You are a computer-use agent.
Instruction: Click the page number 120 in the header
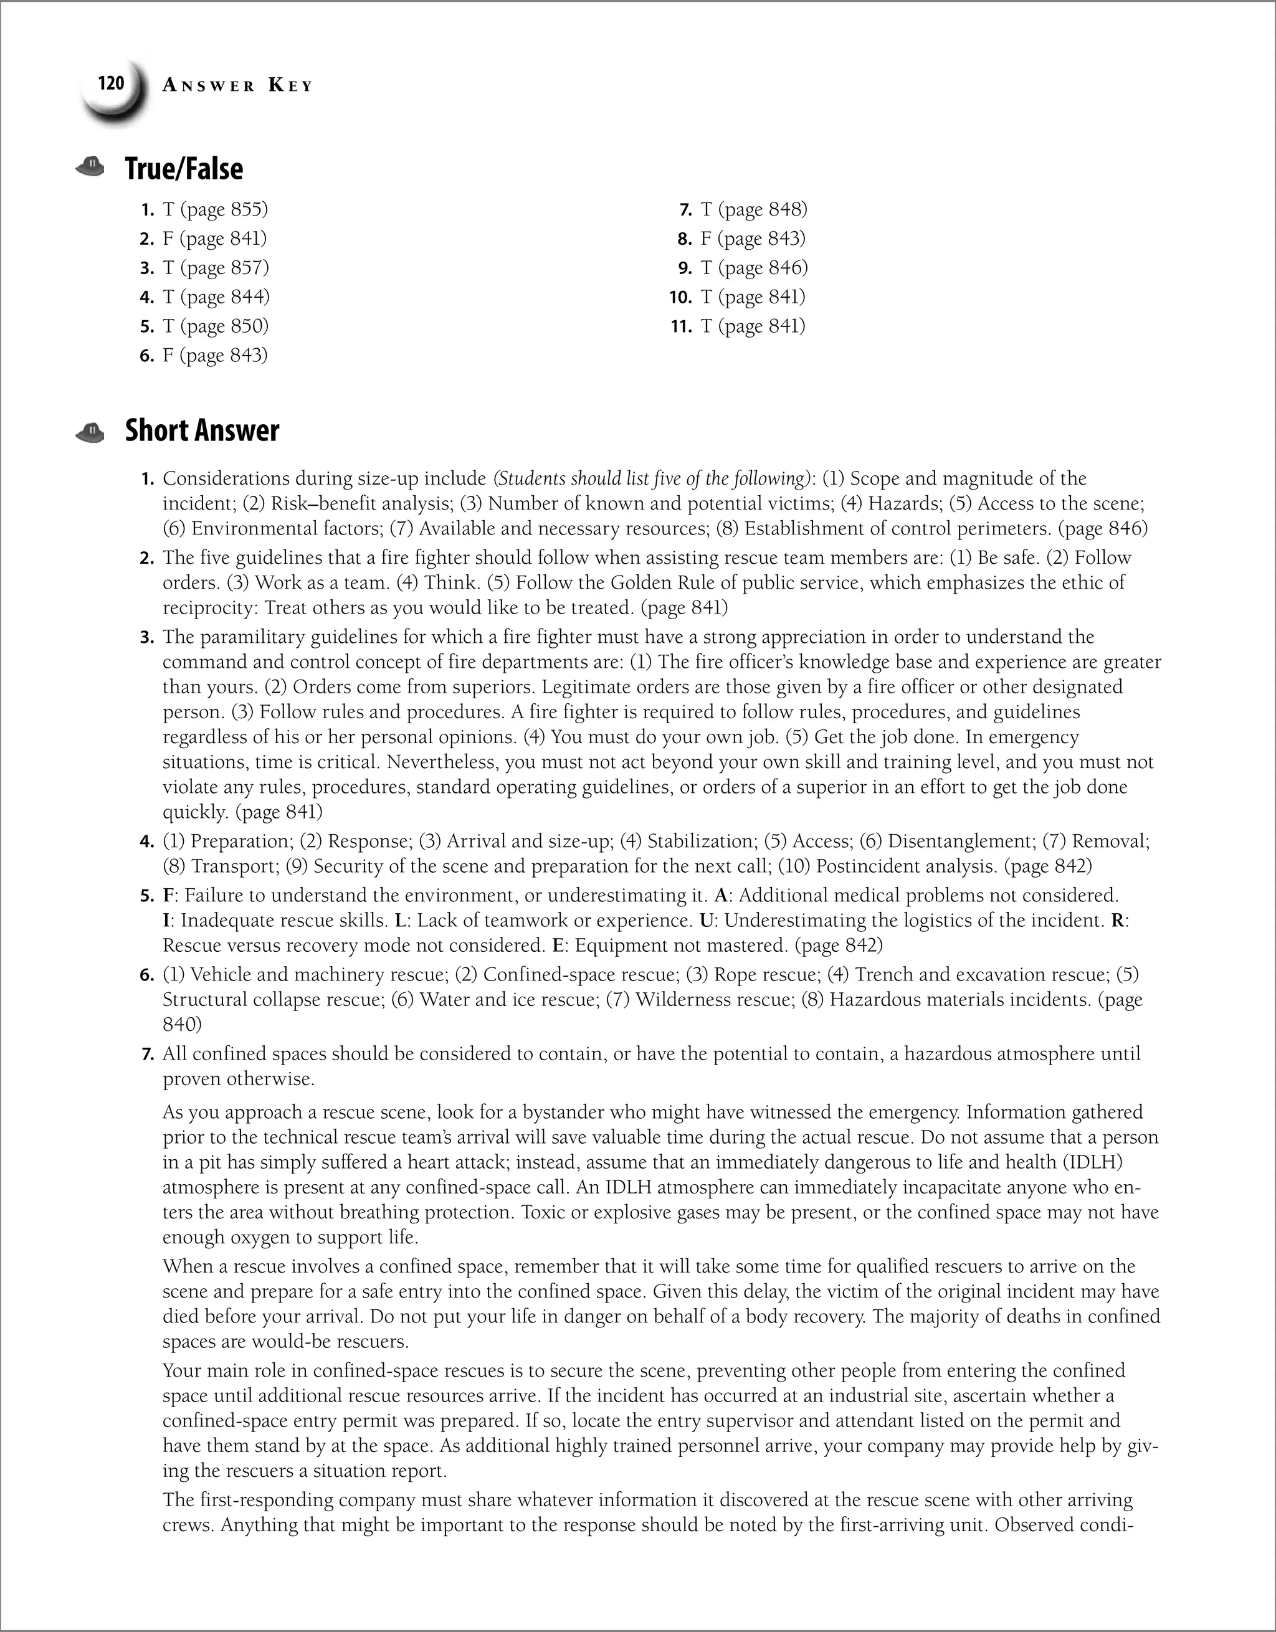point(111,83)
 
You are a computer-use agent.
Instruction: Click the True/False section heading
point(184,169)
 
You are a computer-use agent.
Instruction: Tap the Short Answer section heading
point(202,430)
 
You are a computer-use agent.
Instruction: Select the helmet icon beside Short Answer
point(90,432)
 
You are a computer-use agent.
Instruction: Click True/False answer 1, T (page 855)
point(214,209)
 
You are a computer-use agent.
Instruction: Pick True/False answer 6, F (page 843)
point(214,355)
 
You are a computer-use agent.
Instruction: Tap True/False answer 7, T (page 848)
point(753,209)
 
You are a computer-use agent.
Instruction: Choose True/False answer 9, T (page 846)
point(753,267)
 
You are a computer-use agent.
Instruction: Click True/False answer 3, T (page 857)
point(214,267)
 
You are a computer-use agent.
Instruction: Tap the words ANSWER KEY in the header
point(238,86)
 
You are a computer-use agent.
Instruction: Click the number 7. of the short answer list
point(147,1055)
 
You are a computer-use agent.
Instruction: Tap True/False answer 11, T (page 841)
point(753,326)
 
